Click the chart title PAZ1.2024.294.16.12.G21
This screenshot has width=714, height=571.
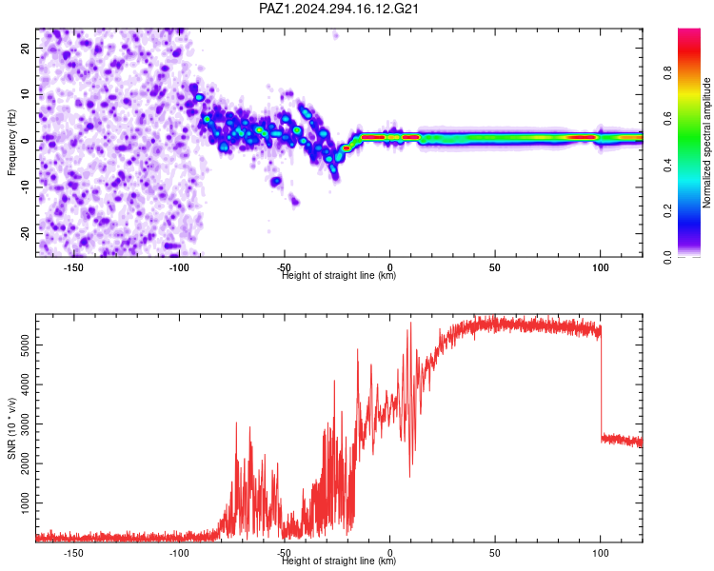click(339, 9)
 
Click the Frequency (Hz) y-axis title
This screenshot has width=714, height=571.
click(11, 143)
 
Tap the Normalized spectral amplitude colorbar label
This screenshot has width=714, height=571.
click(706, 143)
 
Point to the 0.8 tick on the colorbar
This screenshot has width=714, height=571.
click(667, 73)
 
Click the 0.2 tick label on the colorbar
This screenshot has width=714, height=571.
click(667, 211)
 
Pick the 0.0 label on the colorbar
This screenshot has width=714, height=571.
click(667, 257)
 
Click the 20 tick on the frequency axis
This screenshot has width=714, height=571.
click(26, 49)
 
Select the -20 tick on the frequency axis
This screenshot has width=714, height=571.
click(26, 234)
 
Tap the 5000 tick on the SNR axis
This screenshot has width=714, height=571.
click(26, 345)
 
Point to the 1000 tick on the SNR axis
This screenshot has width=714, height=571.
click(26, 503)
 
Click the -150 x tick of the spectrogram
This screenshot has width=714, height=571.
click(73, 267)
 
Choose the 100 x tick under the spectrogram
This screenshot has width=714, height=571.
click(601, 267)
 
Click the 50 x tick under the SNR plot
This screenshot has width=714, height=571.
click(495, 553)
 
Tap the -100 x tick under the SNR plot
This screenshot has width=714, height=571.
click(179, 553)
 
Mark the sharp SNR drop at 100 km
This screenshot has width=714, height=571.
click(601, 383)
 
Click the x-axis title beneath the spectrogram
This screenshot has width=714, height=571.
click(339, 275)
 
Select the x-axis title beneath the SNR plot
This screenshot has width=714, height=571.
click(339, 561)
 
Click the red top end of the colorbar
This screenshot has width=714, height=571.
click(689, 31)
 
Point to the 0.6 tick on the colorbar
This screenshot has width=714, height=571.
click(667, 119)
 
